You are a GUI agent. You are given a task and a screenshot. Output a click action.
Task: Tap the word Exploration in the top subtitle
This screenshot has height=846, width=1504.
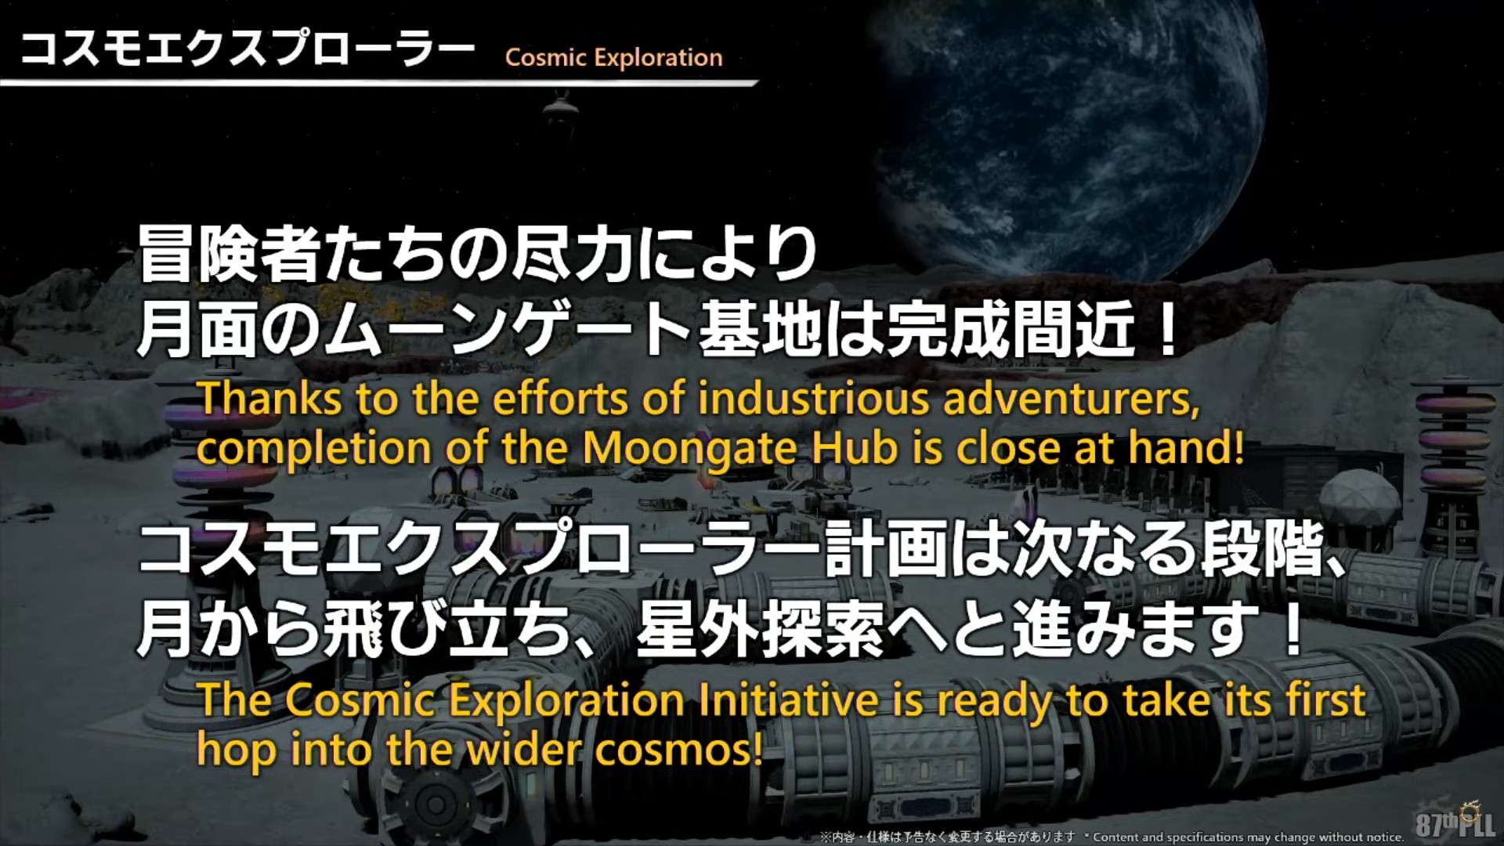tap(658, 58)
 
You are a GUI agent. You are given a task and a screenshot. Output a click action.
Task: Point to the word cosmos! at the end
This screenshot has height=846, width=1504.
tap(678, 750)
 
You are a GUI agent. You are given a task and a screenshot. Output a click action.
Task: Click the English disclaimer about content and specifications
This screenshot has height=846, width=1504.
tap(1249, 837)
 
